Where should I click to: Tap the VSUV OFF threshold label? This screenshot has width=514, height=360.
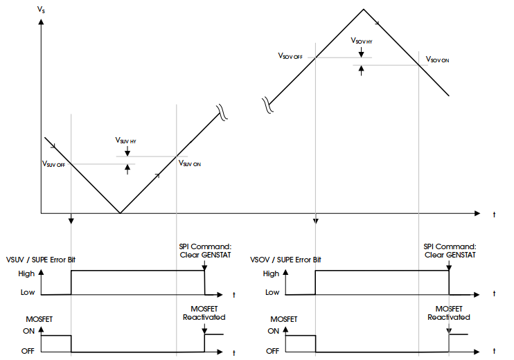53,164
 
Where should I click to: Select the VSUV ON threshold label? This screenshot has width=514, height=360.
189,163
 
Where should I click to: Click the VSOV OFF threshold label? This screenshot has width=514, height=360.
290,55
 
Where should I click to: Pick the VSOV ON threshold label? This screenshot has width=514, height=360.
438,60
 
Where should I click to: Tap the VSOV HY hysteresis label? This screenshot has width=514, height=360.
361,41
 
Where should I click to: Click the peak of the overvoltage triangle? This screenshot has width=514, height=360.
363,9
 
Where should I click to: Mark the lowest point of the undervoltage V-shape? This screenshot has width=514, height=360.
120,213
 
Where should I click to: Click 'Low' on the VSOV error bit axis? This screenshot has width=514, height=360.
272,292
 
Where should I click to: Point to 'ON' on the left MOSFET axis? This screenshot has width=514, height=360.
28,332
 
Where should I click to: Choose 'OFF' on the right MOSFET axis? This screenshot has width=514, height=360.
272,350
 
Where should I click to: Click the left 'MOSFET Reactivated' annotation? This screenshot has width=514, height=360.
204,313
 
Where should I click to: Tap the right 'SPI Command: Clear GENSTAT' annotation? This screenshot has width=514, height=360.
450,250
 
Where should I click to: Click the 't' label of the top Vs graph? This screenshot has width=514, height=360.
494,215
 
